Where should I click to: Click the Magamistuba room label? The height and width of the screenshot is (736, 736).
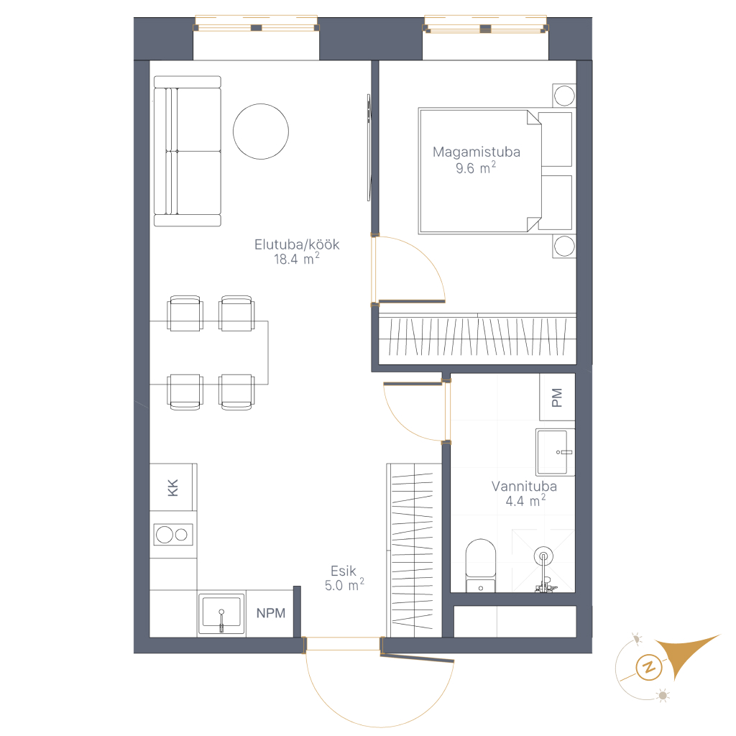pos(476,152)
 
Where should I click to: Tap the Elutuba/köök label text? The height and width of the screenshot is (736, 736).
pos(297,244)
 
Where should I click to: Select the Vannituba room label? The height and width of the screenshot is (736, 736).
pos(524,487)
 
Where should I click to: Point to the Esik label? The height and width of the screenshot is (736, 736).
pos(344,571)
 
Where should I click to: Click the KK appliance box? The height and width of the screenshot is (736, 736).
pos(173,487)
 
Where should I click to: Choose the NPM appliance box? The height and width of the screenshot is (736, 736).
pos(270,613)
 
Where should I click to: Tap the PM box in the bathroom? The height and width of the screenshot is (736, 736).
pos(557,397)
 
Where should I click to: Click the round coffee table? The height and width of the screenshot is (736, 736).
pos(261,132)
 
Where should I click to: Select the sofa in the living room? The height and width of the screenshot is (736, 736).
pos(188,151)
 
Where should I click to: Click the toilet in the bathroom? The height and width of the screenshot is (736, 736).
pos(481,566)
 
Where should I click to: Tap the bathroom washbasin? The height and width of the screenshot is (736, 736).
pos(556,452)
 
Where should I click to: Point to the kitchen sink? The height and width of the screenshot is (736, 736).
pos(221,614)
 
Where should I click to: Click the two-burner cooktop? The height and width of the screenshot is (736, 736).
pos(173,535)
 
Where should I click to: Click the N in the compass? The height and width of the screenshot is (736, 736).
pos(649,667)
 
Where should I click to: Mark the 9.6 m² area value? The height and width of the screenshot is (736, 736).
pos(476,167)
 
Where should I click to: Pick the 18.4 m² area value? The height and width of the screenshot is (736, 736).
pos(297,259)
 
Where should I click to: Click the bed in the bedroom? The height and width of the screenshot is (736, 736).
pos(495,171)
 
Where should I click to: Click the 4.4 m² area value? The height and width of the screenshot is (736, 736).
pos(525,501)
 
